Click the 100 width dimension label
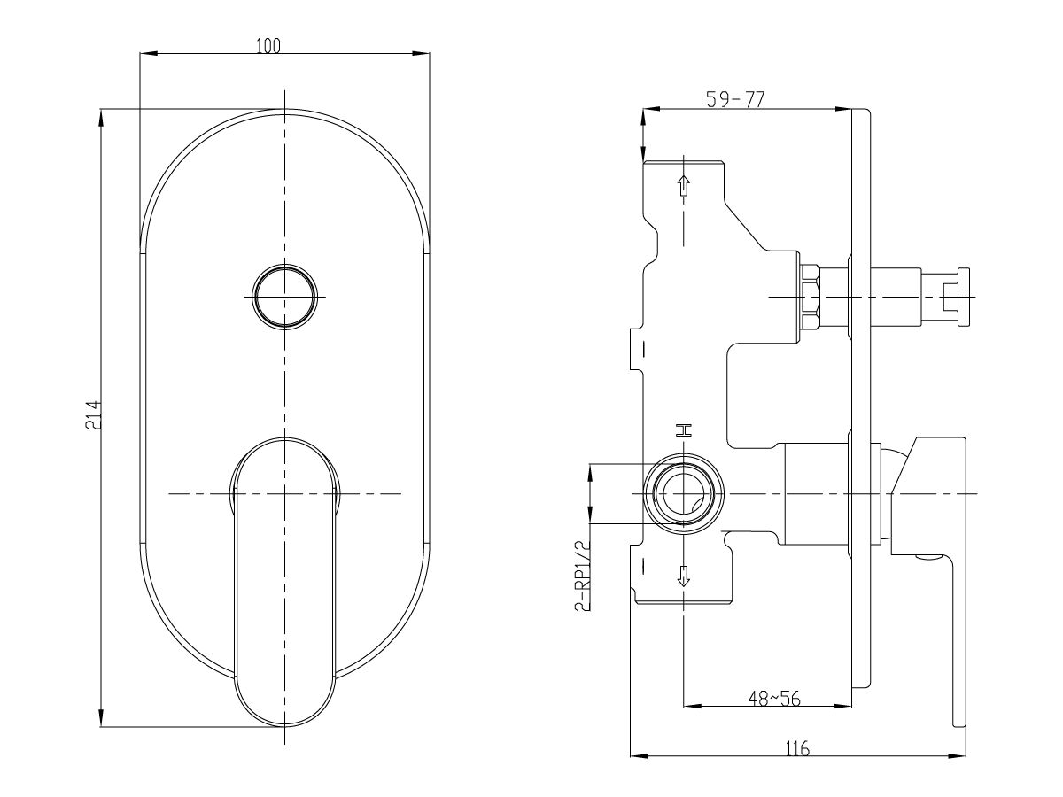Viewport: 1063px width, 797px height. pos(268,46)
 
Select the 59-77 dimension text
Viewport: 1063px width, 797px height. pos(734,100)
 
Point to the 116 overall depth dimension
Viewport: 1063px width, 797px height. pos(797,748)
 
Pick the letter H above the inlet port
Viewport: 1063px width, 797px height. pos(682,430)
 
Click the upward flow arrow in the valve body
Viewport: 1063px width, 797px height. pos(683,186)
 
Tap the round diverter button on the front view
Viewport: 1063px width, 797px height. pos(284,296)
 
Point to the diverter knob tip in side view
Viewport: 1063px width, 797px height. pos(958,296)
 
